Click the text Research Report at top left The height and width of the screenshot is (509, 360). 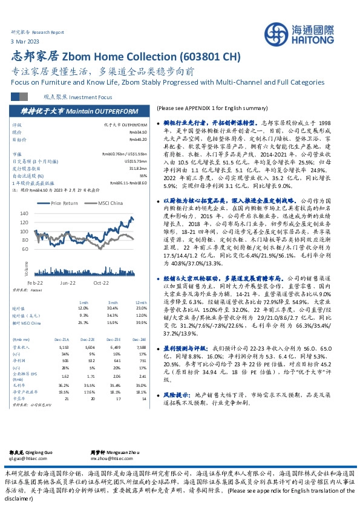(x=48, y=31)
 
